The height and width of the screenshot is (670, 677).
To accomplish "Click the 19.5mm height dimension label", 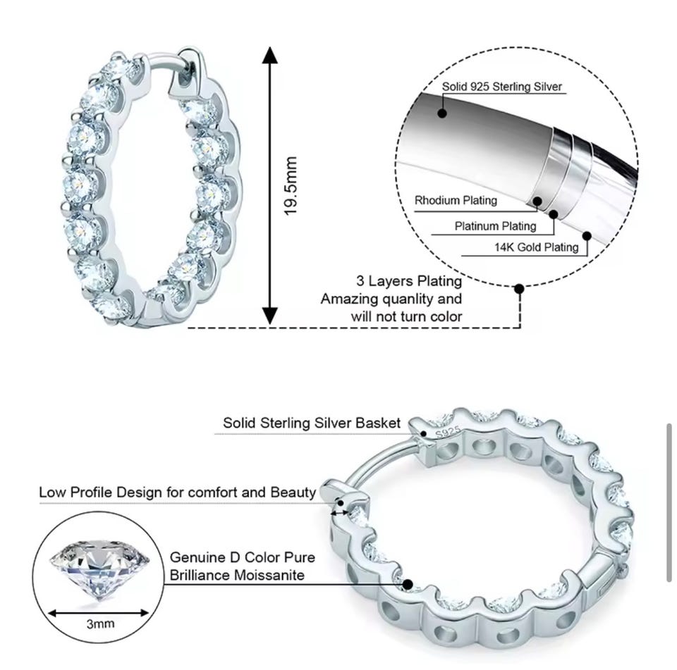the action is (291, 186).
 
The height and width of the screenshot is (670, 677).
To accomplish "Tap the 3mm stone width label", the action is (100, 624).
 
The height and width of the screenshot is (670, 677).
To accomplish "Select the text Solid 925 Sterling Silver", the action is (501, 86).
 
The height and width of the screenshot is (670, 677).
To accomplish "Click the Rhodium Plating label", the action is (456, 200).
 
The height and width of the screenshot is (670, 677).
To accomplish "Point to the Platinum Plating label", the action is (495, 226).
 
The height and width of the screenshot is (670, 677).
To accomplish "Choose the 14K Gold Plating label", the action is (536, 247).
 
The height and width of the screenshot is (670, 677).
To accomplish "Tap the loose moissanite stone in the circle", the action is (99, 569).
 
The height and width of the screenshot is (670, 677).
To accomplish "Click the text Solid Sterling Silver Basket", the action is (312, 423).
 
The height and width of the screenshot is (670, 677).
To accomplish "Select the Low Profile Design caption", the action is (178, 492).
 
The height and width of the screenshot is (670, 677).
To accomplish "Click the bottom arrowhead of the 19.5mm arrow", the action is (270, 316).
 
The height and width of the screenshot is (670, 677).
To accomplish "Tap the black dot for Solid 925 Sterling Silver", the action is (441, 113).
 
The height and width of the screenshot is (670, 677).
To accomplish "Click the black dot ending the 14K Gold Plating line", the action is (587, 236).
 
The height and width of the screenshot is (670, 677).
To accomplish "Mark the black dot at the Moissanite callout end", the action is (407, 585).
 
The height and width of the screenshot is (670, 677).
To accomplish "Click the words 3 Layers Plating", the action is (409, 281).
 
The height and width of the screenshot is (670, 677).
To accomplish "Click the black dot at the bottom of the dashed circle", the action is (520, 288).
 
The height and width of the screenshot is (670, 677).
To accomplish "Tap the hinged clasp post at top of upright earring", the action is (188, 72).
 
